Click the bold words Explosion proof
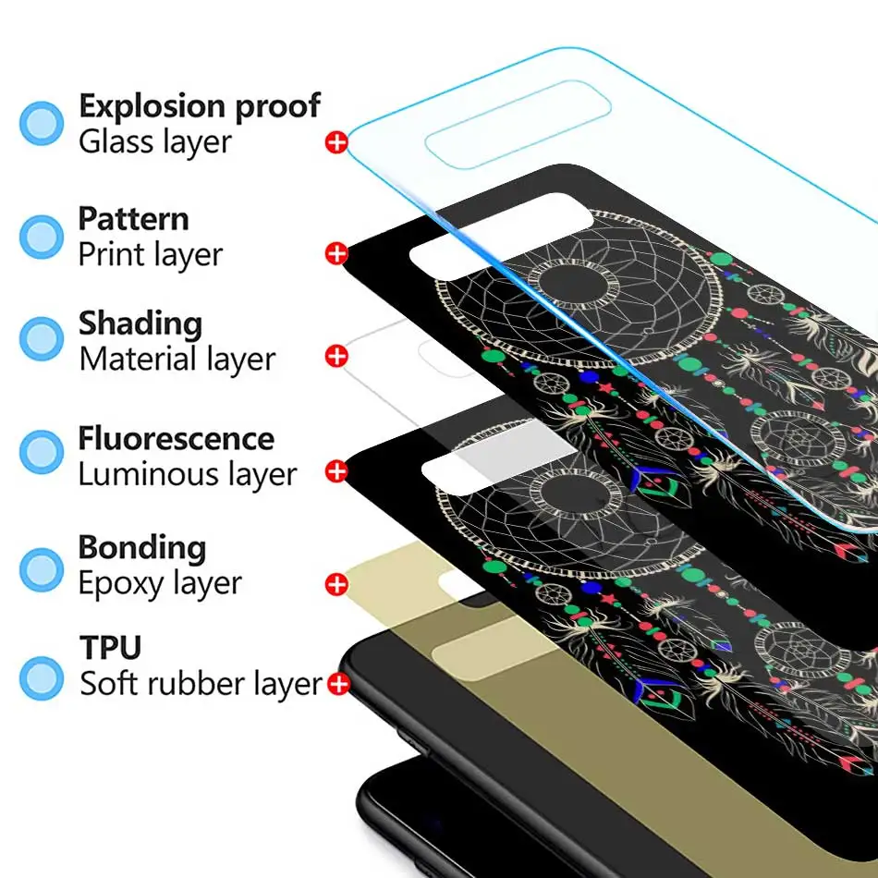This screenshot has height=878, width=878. point(199,107)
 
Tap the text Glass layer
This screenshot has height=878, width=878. point(154,142)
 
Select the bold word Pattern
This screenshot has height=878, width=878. point(133,219)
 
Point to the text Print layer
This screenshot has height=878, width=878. point(150,254)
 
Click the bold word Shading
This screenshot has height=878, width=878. point(140,324)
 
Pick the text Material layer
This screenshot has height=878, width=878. point(177,360)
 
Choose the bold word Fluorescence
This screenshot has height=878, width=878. point(176,438)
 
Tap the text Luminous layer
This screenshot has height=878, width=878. point(187,475)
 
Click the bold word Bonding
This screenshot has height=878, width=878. point(141,547)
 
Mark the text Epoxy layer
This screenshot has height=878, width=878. point(159,584)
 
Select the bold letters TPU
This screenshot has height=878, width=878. point(109,648)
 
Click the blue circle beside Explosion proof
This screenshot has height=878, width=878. point(42,123)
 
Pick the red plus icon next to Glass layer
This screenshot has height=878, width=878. point(336,142)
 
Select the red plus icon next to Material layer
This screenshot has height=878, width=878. point(336,356)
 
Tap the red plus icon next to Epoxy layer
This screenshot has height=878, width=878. point(336,584)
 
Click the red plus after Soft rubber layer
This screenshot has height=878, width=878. point(338,685)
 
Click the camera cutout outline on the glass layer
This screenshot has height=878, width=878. point(518,125)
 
